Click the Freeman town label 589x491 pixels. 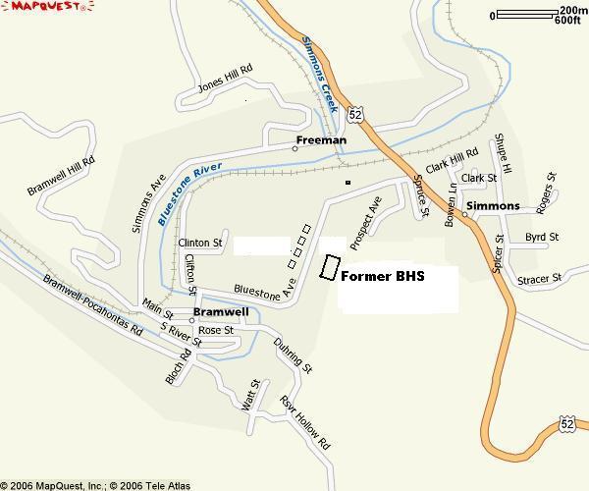click(321, 140)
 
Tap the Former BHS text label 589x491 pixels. click(382, 277)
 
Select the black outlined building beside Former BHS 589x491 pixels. click(329, 267)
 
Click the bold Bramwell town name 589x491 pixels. click(221, 312)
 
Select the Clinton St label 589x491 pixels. click(200, 243)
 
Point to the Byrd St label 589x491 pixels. click(542, 238)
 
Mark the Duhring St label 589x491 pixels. click(293, 355)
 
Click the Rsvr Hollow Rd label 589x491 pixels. click(305, 421)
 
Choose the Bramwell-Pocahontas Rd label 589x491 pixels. click(93, 306)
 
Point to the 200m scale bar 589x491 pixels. click(527, 15)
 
